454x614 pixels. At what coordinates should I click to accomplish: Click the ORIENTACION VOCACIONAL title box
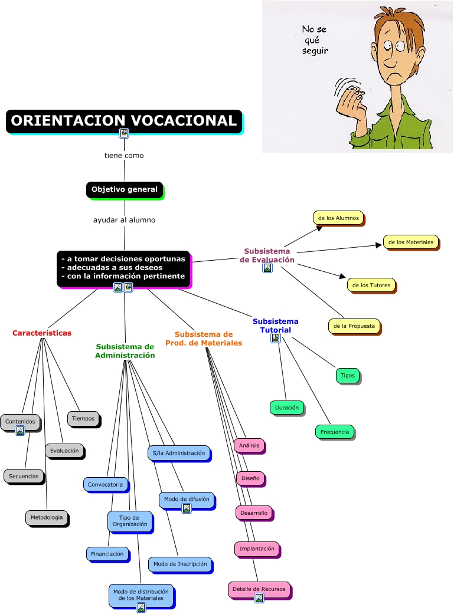[x=124, y=121]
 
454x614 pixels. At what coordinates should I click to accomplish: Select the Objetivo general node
[x=125, y=189]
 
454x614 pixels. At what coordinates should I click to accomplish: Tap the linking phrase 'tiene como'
[x=124, y=156]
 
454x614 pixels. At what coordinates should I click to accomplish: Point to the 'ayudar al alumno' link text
[x=124, y=220]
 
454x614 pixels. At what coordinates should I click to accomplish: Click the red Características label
[x=42, y=333]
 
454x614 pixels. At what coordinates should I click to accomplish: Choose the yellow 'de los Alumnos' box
[x=338, y=218]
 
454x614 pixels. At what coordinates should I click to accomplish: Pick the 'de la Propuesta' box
[x=354, y=326]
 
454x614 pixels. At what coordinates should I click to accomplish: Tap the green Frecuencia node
[x=335, y=432]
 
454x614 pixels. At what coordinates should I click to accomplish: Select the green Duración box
[x=287, y=408]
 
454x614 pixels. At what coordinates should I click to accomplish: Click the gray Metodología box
[x=46, y=517]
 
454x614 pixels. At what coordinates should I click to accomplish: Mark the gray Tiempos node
[x=83, y=419]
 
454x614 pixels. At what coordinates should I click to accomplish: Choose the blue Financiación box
[x=107, y=554]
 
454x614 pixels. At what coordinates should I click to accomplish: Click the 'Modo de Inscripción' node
[x=180, y=564]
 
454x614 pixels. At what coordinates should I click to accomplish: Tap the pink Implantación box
[x=257, y=549]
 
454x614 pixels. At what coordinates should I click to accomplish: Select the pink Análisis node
[x=249, y=445]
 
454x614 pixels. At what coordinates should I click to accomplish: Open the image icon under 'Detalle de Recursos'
[x=259, y=598]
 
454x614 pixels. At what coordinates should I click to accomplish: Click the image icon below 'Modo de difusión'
[x=187, y=508]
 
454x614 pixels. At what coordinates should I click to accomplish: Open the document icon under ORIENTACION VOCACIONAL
[x=124, y=133]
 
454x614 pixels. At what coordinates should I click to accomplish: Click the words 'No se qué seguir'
[x=314, y=40]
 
